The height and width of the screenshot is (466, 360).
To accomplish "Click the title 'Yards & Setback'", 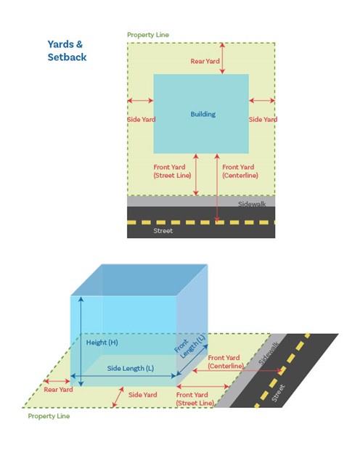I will (67, 50).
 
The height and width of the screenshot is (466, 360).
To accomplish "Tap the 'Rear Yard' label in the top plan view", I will (204, 62).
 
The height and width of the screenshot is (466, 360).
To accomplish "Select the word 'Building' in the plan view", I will (202, 115).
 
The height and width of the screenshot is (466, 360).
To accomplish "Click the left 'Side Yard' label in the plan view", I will (141, 120).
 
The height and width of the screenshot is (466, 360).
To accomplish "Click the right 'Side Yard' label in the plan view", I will (263, 120).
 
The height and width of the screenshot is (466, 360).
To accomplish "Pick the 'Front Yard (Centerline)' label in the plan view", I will (240, 171).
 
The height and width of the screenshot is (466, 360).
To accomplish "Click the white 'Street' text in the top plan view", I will (164, 232).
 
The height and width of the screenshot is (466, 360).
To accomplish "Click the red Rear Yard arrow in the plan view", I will (223, 58).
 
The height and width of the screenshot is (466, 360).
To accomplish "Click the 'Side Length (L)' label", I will (130, 368).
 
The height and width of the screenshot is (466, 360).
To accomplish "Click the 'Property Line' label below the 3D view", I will (49, 417).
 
